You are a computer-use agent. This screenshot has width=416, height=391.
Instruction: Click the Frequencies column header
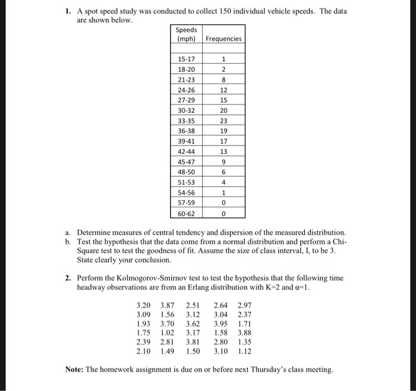point(223,39)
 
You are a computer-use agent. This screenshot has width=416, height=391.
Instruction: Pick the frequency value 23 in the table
point(223,121)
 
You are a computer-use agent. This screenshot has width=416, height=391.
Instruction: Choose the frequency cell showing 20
point(223,111)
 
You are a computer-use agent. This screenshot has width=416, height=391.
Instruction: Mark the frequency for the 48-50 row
point(223,172)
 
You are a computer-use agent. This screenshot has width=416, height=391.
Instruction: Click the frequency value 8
point(223,80)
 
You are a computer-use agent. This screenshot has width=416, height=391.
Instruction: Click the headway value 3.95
point(220,324)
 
